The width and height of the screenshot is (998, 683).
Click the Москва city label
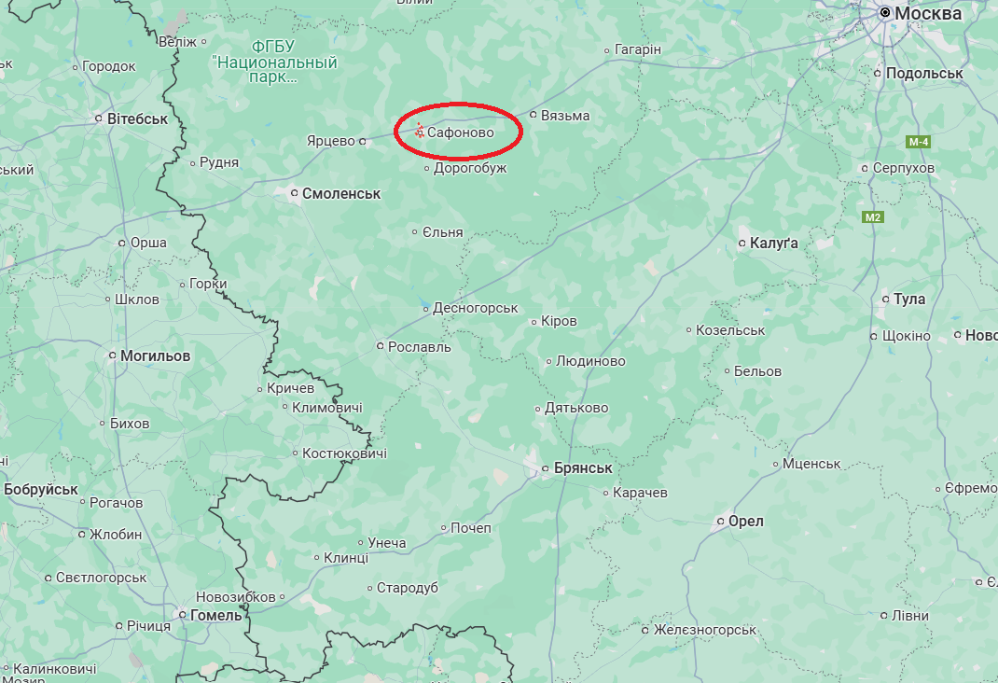pos(927,14)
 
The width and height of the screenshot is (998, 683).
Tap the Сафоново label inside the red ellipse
pos(461,133)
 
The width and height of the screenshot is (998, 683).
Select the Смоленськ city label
pos(341,194)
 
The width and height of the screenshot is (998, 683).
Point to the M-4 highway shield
pos(918,142)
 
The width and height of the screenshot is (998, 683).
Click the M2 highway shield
pos(872,217)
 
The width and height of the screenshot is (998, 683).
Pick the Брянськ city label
pos(582,468)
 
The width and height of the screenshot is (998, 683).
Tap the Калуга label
pos(774,244)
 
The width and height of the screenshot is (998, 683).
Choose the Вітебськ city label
pos(137,119)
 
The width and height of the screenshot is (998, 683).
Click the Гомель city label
pos(215,616)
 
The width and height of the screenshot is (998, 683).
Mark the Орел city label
pos(745,522)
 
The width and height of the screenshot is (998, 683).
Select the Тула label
pos(909,300)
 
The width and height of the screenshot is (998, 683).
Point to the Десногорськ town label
pos(476,308)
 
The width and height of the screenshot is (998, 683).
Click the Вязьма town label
pos(565,116)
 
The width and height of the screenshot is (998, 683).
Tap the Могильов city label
pos(155,356)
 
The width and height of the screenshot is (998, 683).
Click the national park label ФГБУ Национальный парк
pos(274,62)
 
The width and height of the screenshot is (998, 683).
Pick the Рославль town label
pos(419,347)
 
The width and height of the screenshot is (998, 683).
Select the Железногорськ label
pos(704,631)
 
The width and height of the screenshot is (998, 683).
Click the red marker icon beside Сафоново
pos(420,132)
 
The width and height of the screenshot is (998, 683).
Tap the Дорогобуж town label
pos(470,169)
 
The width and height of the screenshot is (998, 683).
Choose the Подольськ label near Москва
pos(924,73)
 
